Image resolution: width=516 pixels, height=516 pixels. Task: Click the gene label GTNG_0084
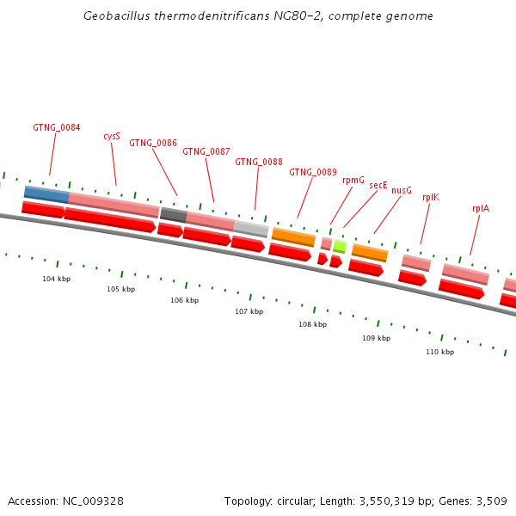click(x=57, y=128)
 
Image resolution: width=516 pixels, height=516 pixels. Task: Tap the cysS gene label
click(x=112, y=136)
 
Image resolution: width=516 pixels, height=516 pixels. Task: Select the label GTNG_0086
click(x=153, y=144)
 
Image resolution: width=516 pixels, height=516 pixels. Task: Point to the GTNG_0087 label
click(x=206, y=152)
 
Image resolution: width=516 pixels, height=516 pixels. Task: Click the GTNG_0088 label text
click(x=259, y=162)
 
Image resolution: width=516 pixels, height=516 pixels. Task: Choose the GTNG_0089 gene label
click(x=313, y=173)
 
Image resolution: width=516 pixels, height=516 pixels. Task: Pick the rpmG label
click(x=353, y=180)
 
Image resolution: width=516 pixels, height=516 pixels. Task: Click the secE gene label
click(x=378, y=185)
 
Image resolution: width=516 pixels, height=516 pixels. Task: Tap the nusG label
click(x=402, y=190)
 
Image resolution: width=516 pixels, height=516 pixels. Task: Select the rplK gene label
click(x=431, y=197)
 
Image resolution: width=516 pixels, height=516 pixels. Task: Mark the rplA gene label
click(x=481, y=208)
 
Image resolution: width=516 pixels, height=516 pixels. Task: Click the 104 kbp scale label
click(x=56, y=279)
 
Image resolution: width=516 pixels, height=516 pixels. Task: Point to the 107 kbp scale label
click(x=249, y=311)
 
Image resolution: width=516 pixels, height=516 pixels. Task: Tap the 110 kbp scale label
click(x=439, y=353)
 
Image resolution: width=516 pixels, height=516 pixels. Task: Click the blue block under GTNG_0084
click(x=46, y=194)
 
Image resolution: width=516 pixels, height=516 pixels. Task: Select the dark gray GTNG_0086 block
click(x=173, y=215)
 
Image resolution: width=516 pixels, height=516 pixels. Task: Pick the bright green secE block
click(x=340, y=247)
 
